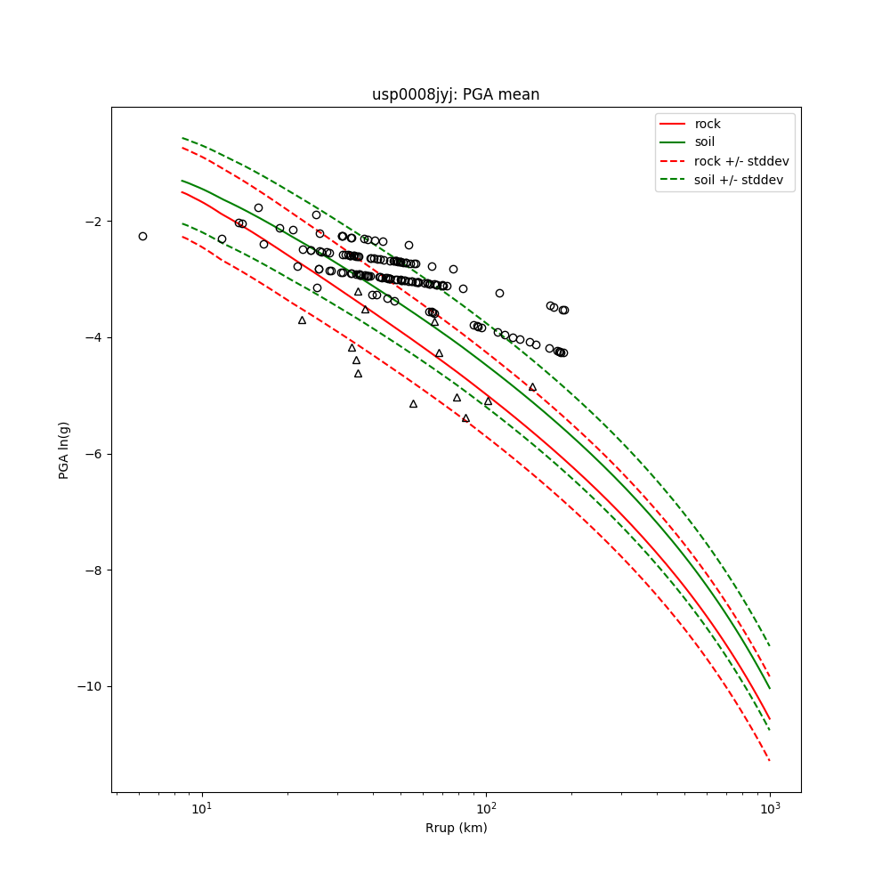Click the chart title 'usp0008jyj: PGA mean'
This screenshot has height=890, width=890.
[x=456, y=94]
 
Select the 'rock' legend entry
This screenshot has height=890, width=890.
[x=708, y=124]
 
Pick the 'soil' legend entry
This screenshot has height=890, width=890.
[x=705, y=142]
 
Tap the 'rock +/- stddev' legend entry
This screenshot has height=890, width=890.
[x=741, y=161]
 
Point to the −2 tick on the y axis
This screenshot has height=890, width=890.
[x=95, y=222]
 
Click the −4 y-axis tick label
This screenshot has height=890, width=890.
[x=95, y=337]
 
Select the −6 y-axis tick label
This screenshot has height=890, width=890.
[x=95, y=454]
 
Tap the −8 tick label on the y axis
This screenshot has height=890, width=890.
[x=95, y=570]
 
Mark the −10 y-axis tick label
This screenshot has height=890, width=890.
[x=92, y=686]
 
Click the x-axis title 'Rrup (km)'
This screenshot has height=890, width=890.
[x=456, y=828]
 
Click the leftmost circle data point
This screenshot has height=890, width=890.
[x=142, y=236]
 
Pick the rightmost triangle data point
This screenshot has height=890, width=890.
[x=532, y=387]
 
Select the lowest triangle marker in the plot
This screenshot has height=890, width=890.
[x=465, y=417]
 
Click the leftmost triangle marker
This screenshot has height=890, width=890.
[x=302, y=320]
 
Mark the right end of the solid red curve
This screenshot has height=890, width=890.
[x=770, y=719]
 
